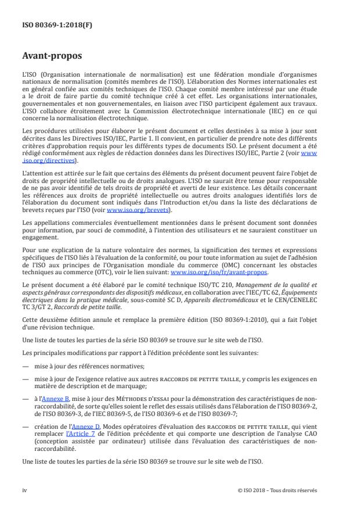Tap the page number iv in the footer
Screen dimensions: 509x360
click(x=25, y=490)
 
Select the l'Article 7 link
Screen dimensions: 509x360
click(x=82, y=434)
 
